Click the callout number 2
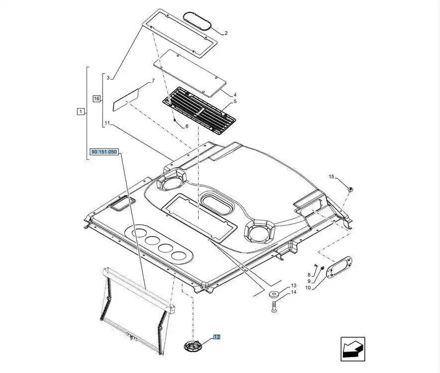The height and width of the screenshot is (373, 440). pyautogui.click(x=225, y=33)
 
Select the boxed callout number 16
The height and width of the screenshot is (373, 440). pyautogui.click(x=97, y=99)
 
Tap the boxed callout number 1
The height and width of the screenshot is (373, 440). pyautogui.click(x=81, y=112)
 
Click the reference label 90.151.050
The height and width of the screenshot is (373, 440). pyautogui.click(x=104, y=152)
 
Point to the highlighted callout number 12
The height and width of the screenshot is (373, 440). pyautogui.click(x=217, y=337)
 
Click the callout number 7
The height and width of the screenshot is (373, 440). pyautogui.click(x=153, y=80)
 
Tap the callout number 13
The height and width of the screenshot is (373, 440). pyautogui.click(x=294, y=285)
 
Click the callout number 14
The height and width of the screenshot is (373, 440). pyautogui.click(x=294, y=292)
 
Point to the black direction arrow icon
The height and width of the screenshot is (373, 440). pyautogui.click(x=353, y=349)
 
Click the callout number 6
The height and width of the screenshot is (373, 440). pyautogui.click(x=187, y=126)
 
